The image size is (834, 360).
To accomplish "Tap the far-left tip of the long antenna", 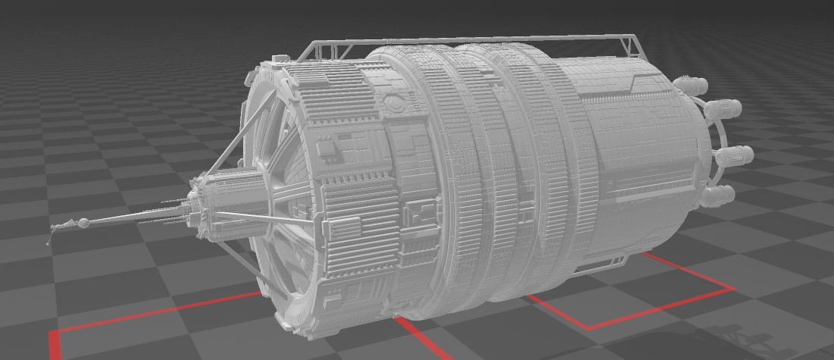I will [x=48, y=243].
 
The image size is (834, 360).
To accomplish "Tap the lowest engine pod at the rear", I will [x=717, y=196].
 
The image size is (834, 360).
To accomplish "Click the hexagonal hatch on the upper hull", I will [x=393, y=104].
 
